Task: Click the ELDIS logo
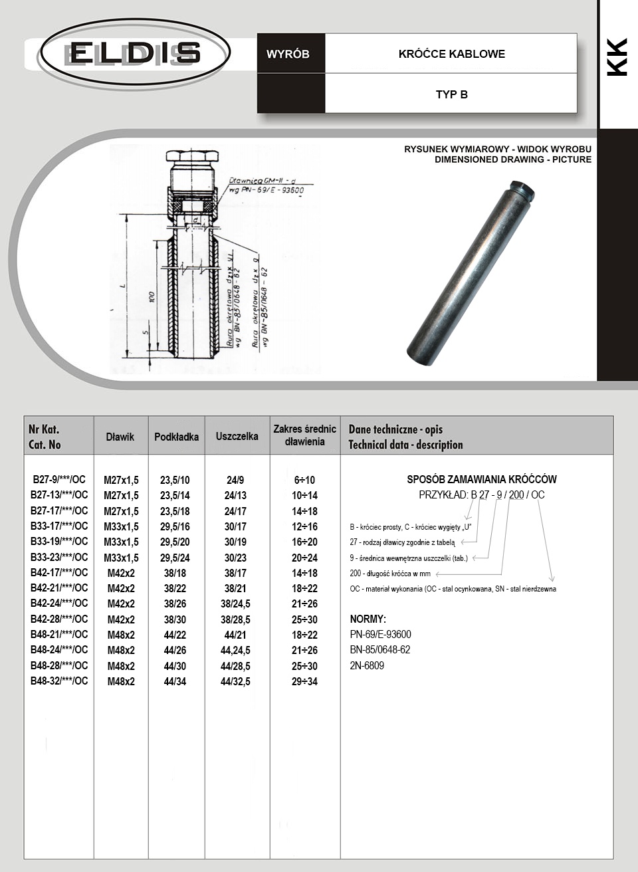pos(135,53)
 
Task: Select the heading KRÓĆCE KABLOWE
pos(451,54)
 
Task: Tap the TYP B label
pos(451,94)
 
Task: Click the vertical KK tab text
pos(617,57)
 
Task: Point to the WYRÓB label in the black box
pos(288,54)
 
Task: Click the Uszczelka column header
pos(237,436)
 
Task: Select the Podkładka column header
pos(176,437)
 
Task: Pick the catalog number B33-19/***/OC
pos(59,541)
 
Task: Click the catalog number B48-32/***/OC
pos(59,681)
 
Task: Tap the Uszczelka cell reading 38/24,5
pos(235,603)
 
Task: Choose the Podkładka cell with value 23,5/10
pos(175,480)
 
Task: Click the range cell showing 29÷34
pos(304,681)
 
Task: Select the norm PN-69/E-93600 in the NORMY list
pos(380,634)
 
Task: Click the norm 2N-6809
pos(367,665)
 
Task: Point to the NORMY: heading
pos(368,619)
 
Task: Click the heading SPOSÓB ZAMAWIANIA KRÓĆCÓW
pos(482,479)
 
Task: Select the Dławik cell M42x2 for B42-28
pos(121,619)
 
